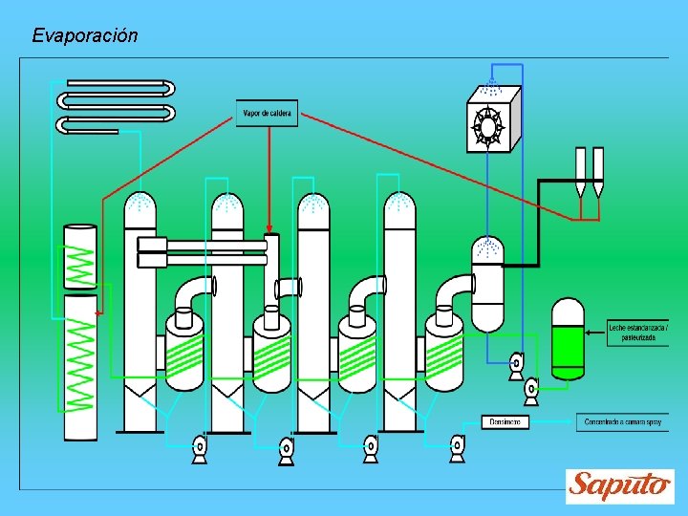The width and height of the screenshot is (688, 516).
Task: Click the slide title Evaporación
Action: point(85,36)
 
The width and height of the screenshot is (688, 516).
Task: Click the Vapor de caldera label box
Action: point(267,114)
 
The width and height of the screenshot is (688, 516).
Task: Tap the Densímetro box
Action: point(505,421)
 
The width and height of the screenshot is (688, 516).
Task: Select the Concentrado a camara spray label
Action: point(622,421)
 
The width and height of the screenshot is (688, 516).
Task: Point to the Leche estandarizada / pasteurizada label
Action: point(637,332)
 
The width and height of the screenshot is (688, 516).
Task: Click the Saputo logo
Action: point(620,485)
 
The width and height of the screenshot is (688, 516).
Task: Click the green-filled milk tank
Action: point(568,341)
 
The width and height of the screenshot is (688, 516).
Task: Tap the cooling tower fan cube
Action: point(493,120)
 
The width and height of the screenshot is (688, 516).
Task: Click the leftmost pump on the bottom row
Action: point(200,447)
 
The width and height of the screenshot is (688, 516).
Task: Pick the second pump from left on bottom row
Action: point(286,449)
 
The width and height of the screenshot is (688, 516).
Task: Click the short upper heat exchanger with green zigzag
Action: point(79,256)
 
